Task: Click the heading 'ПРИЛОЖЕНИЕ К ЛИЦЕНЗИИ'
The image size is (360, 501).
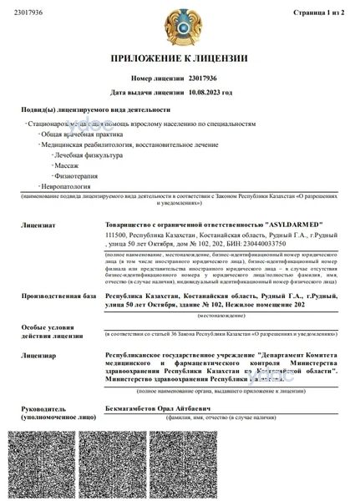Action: [180, 58]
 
